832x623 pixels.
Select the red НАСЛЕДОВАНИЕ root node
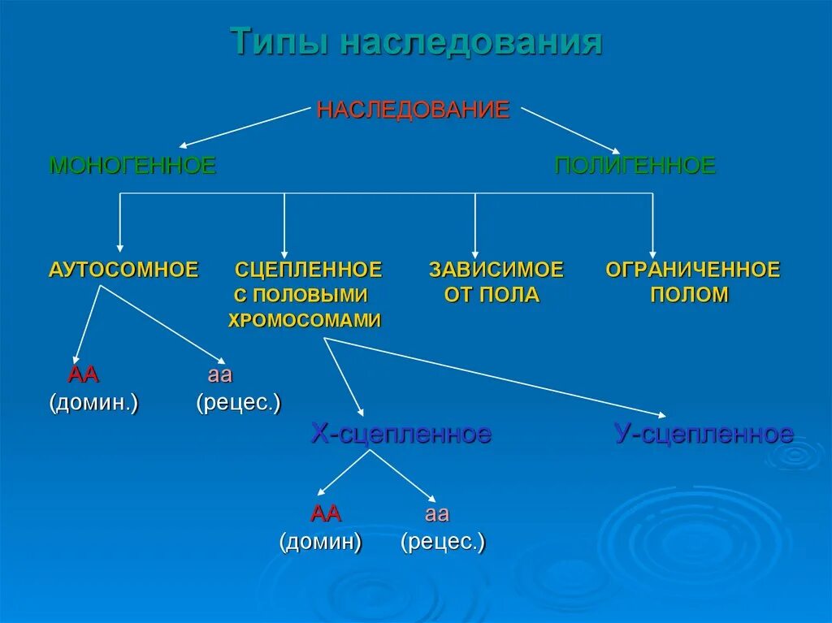pyautogui.click(x=413, y=110)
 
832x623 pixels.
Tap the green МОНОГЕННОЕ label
pyautogui.click(x=132, y=166)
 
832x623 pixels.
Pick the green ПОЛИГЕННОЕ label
pyautogui.click(x=635, y=166)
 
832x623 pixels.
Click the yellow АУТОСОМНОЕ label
pyautogui.click(x=123, y=270)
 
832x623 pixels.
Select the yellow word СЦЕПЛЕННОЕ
pyautogui.click(x=309, y=270)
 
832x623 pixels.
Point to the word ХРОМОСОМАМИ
pyautogui.click(x=305, y=320)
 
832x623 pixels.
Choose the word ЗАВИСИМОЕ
pyautogui.click(x=496, y=270)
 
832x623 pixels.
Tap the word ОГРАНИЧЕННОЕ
pyautogui.click(x=692, y=270)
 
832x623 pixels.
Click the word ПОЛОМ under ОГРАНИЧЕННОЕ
pyautogui.click(x=689, y=295)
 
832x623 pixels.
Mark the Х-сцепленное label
pyautogui.click(x=401, y=434)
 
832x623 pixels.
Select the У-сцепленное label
pyautogui.click(x=704, y=434)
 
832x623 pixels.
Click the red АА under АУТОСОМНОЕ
pyautogui.click(x=84, y=375)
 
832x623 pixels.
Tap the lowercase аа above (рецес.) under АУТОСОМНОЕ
pyautogui.click(x=220, y=375)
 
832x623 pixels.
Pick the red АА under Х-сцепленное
pyautogui.click(x=326, y=514)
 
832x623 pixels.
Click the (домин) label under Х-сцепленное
pyautogui.click(x=321, y=542)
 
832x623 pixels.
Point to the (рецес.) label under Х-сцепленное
pyautogui.click(x=443, y=542)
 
